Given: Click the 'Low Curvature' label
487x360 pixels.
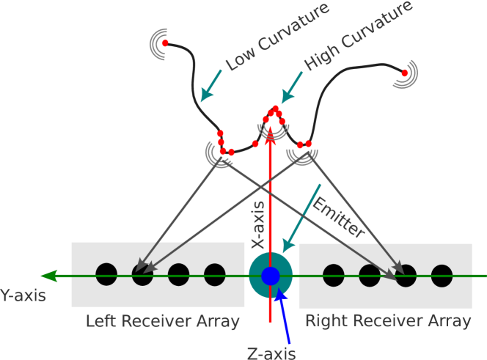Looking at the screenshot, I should pyautogui.click(x=278, y=37).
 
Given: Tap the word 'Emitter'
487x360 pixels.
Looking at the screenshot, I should pyautogui.click(x=339, y=217).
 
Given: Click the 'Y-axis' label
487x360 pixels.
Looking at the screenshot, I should pyautogui.click(x=22, y=295).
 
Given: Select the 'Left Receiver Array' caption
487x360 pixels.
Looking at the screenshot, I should pyautogui.click(x=162, y=321).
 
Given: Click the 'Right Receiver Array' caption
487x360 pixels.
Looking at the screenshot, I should pyautogui.click(x=388, y=321).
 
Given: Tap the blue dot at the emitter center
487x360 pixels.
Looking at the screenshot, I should pyautogui.click(x=271, y=276).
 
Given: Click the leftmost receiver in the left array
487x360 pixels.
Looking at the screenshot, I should pyautogui.click(x=106, y=275).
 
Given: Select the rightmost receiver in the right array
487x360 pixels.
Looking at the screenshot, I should pyautogui.click(x=442, y=275).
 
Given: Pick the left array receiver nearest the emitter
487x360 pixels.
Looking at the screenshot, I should pyautogui.click(x=215, y=275).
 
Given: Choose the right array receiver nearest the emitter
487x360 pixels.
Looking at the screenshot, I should pyautogui.click(x=334, y=275).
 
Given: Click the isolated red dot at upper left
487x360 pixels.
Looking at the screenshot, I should pyautogui.click(x=165, y=43).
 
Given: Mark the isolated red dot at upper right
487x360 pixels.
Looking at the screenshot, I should pyautogui.click(x=404, y=73).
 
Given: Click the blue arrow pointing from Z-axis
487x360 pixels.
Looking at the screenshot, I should pyautogui.click(x=284, y=316).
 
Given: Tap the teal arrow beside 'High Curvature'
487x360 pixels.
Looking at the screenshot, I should pyautogui.click(x=291, y=87).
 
